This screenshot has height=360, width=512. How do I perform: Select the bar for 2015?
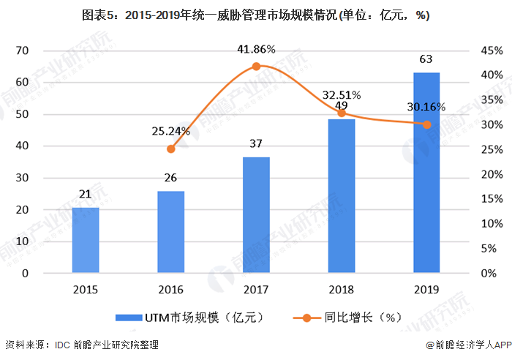[86, 240]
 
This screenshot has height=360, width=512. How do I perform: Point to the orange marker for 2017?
[256, 67]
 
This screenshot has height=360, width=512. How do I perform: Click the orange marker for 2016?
[171, 149]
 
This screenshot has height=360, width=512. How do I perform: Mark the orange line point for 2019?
[426, 124]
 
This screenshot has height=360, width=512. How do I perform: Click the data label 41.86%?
[256, 50]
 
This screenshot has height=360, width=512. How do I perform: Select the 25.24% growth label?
[171, 132]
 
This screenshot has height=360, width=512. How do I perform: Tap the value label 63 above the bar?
[426, 59]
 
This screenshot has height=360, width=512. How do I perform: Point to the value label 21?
[86, 194]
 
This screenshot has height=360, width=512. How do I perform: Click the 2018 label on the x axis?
[341, 289]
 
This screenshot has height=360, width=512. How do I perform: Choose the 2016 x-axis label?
[171, 289]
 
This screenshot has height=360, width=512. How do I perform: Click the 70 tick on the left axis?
[22, 50]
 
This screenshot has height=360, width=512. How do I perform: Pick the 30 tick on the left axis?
[22, 178]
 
